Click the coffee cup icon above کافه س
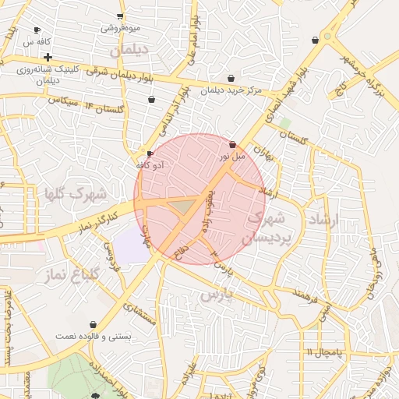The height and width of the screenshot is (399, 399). [37, 30]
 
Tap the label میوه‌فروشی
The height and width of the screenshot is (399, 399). [121, 28]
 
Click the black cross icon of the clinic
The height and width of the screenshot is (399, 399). [48, 57]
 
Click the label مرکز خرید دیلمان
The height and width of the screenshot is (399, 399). [231, 90]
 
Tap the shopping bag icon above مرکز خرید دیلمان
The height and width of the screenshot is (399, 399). [231, 78]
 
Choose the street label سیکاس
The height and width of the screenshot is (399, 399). [63, 100]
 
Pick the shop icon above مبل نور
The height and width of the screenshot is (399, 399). [233, 143]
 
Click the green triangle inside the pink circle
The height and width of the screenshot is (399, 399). [184, 207]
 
